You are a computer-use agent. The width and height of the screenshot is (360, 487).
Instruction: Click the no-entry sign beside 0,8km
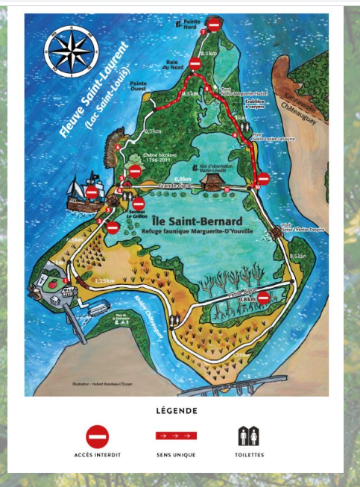[262, 296]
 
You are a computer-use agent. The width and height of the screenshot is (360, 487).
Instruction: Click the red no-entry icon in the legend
[98, 436]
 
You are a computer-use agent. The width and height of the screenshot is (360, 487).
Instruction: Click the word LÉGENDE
[177, 409]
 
